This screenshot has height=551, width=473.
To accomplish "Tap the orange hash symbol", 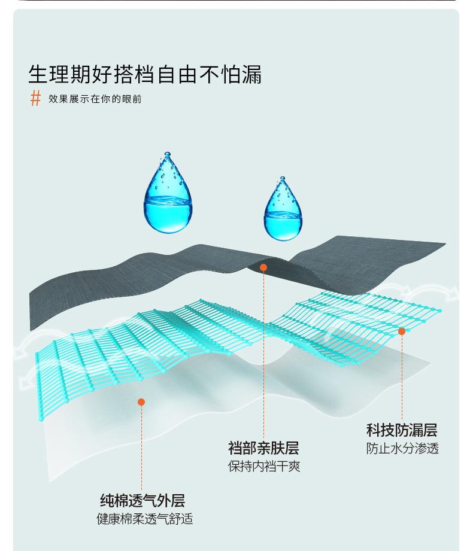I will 35,98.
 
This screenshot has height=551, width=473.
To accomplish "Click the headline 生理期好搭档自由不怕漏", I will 145,75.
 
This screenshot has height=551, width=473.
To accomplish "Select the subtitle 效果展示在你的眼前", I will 95,99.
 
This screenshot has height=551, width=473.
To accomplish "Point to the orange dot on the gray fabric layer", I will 263,267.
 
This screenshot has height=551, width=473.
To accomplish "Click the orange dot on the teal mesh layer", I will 402,331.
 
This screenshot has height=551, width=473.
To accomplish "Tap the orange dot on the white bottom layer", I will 141,402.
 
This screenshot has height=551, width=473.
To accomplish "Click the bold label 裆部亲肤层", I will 263,448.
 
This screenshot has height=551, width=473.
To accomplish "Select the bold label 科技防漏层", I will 401,430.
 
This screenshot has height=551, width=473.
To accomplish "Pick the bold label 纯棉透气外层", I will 142,501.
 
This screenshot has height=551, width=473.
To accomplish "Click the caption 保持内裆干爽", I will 263,466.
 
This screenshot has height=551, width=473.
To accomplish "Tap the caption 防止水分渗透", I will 402,449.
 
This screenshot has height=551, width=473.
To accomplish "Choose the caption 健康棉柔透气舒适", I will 144,519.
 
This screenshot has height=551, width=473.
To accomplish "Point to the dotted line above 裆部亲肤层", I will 263,359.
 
